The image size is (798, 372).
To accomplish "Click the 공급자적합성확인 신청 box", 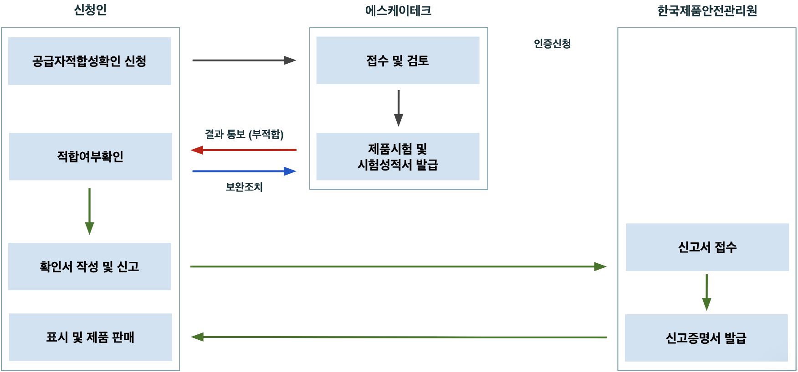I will pyautogui.click(x=89, y=61).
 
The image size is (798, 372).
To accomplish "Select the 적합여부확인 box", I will pyautogui.click(x=90, y=156).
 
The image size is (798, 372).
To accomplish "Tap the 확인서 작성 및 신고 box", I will pyautogui.click(x=89, y=266).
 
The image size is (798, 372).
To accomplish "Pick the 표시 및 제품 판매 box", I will pyautogui.click(x=90, y=337).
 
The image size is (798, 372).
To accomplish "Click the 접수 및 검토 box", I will pyautogui.click(x=398, y=60).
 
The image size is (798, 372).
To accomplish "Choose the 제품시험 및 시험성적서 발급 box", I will pyautogui.click(x=398, y=156).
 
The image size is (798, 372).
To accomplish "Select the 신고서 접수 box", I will pyautogui.click(x=707, y=247).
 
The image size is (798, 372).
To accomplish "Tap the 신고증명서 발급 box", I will pyautogui.click(x=706, y=338).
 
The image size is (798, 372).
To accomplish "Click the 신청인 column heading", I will pyautogui.click(x=90, y=10).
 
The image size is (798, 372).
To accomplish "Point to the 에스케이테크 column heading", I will pyautogui.click(x=398, y=10).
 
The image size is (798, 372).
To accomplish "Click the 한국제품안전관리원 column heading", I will pyautogui.click(x=707, y=10).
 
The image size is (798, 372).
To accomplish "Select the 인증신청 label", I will pyautogui.click(x=552, y=44).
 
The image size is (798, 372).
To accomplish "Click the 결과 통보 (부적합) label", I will pyautogui.click(x=244, y=134).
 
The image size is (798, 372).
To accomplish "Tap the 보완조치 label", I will pyautogui.click(x=244, y=186).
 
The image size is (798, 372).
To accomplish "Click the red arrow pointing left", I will pyautogui.click(x=244, y=150).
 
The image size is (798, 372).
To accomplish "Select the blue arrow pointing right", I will pyautogui.click(x=244, y=171).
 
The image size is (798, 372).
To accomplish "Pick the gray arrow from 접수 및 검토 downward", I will pyautogui.click(x=399, y=108).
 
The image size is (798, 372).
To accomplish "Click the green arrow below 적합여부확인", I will pyautogui.click(x=90, y=211).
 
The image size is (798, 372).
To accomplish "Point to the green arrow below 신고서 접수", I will pyautogui.click(x=706, y=292).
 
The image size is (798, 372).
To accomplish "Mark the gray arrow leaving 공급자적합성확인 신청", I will pyautogui.click(x=244, y=60).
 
